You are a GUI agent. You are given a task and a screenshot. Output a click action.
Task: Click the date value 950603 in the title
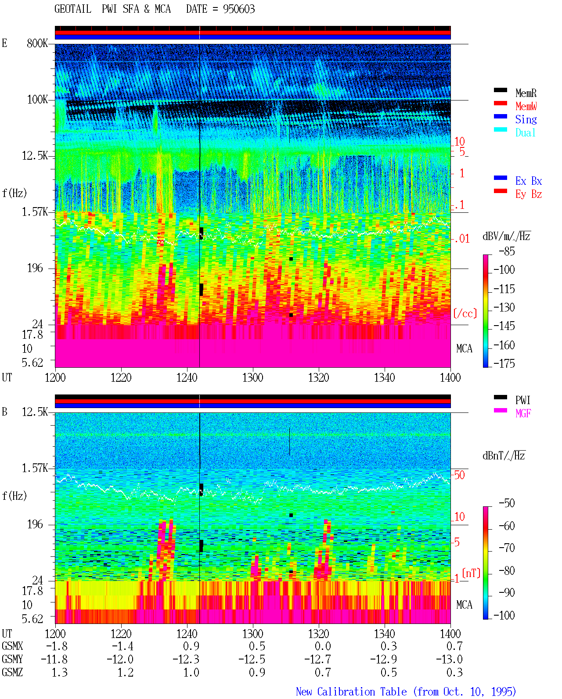coord(239,9)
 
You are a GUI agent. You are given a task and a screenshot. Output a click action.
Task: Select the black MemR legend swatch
coord(500,90)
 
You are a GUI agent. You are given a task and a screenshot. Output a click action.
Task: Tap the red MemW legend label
coord(526,106)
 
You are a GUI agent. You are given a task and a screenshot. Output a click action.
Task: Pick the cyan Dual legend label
coord(525,133)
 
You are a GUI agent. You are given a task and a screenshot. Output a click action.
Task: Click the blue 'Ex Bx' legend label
coord(529,181)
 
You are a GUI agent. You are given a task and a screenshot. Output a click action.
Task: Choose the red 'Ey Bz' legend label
coord(529,194)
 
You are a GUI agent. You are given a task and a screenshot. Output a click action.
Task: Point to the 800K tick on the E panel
coord(37,43)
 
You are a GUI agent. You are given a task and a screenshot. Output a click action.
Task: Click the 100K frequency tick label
coord(37,100)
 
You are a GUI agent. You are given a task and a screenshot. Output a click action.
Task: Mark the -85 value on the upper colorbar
coord(507,251)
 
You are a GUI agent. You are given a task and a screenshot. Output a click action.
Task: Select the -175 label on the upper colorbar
coord(504,363)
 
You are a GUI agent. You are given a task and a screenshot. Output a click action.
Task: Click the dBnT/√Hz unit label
coord(504,455)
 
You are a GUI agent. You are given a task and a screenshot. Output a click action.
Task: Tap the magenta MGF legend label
coord(523,413)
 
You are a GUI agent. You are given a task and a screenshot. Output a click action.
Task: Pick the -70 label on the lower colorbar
coord(507,548)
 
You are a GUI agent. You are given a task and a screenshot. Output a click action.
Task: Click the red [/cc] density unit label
coord(465,313)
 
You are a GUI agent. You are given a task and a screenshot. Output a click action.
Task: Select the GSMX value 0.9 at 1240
coord(191,646)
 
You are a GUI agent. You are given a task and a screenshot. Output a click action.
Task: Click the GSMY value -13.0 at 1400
coord(449,660)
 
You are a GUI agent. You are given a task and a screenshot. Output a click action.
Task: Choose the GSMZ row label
coord(12,672)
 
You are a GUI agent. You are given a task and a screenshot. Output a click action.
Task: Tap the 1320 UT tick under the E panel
coord(319,378)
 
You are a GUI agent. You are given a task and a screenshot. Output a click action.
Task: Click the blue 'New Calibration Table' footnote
coord(351,692)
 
